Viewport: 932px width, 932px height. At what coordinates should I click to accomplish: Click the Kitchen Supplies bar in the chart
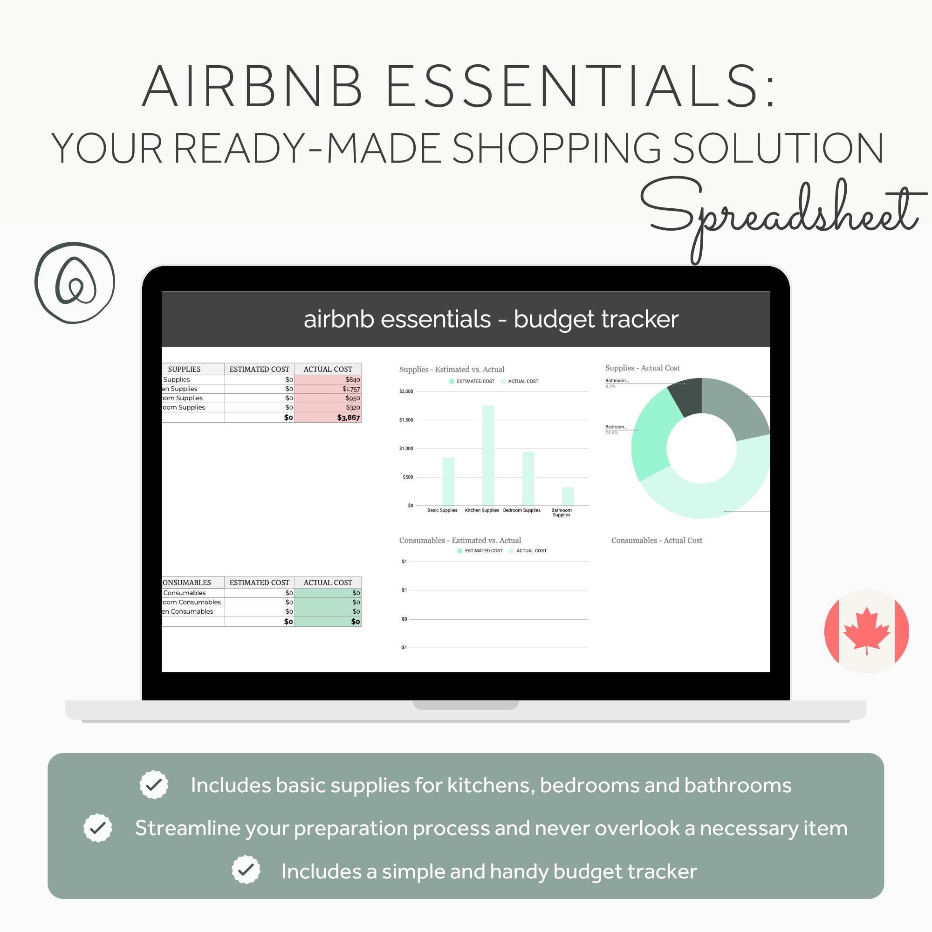pyautogui.click(x=488, y=455)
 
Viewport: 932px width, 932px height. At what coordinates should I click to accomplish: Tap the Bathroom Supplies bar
pyautogui.click(x=568, y=496)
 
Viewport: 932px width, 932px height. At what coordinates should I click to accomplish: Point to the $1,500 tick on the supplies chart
pyautogui.click(x=406, y=420)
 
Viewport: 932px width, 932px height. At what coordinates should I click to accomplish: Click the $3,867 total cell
pyautogui.click(x=348, y=418)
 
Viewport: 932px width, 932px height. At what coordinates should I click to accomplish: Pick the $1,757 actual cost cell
pyautogui.click(x=351, y=389)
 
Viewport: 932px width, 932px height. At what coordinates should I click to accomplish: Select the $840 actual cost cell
pyautogui.click(x=352, y=380)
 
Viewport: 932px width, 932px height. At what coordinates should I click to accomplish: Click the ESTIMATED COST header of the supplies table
pyautogui.click(x=259, y=369)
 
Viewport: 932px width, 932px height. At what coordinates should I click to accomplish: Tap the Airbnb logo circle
pyautogui.click(x=75, y=283)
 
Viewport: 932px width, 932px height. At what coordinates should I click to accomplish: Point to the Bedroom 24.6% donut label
pyautogui.click(x=616, y=429)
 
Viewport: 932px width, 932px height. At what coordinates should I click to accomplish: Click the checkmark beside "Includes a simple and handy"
pyautogui.click(x=246, y=870)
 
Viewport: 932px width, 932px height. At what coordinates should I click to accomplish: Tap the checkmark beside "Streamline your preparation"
pyautogui.click(x=98, y=828)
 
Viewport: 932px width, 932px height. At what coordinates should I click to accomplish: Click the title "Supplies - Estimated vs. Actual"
pyautogui.click(x=452, y=370)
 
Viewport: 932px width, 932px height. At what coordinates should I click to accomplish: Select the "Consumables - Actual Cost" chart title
pyautogui.click(x=656, y=540)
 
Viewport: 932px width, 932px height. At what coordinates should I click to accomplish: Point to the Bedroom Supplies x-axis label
pyautogui.click(x=521, y=510)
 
